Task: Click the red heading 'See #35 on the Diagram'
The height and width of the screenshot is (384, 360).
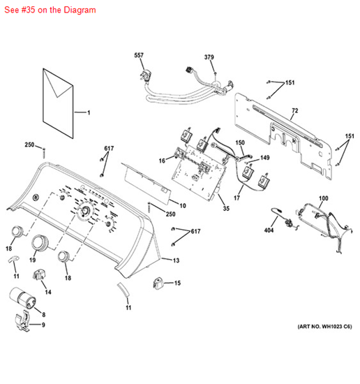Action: click(50, 10)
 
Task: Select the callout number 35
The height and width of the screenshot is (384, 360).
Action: click(226, 209)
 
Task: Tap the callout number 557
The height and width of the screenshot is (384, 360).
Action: click(139, 55)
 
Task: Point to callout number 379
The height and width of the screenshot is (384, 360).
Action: click(209, 57)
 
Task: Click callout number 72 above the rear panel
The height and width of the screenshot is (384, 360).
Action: click(295, 111)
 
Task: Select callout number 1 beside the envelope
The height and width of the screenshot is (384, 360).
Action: click(89, 112)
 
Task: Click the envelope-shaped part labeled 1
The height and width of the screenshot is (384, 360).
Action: click(58, 103)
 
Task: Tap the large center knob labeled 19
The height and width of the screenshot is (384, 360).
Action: click(40, 243)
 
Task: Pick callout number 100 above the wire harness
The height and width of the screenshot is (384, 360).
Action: click(323, 198)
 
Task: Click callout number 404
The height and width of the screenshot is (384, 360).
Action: click(269, 230)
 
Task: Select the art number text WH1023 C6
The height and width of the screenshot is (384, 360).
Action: click(324, 327)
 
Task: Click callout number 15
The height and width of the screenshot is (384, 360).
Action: click(177, 283)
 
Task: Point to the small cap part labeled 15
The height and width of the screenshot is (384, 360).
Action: click(158, 283)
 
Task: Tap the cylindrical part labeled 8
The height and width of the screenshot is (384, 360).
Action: click(22, 298)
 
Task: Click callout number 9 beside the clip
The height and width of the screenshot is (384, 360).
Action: click(43, 325)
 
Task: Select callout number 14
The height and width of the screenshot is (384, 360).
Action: click(48, 292)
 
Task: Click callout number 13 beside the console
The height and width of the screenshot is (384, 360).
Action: click(177, 260)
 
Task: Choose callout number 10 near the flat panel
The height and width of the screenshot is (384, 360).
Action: click(183, 206)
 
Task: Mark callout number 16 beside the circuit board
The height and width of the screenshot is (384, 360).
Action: click(162, 161)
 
